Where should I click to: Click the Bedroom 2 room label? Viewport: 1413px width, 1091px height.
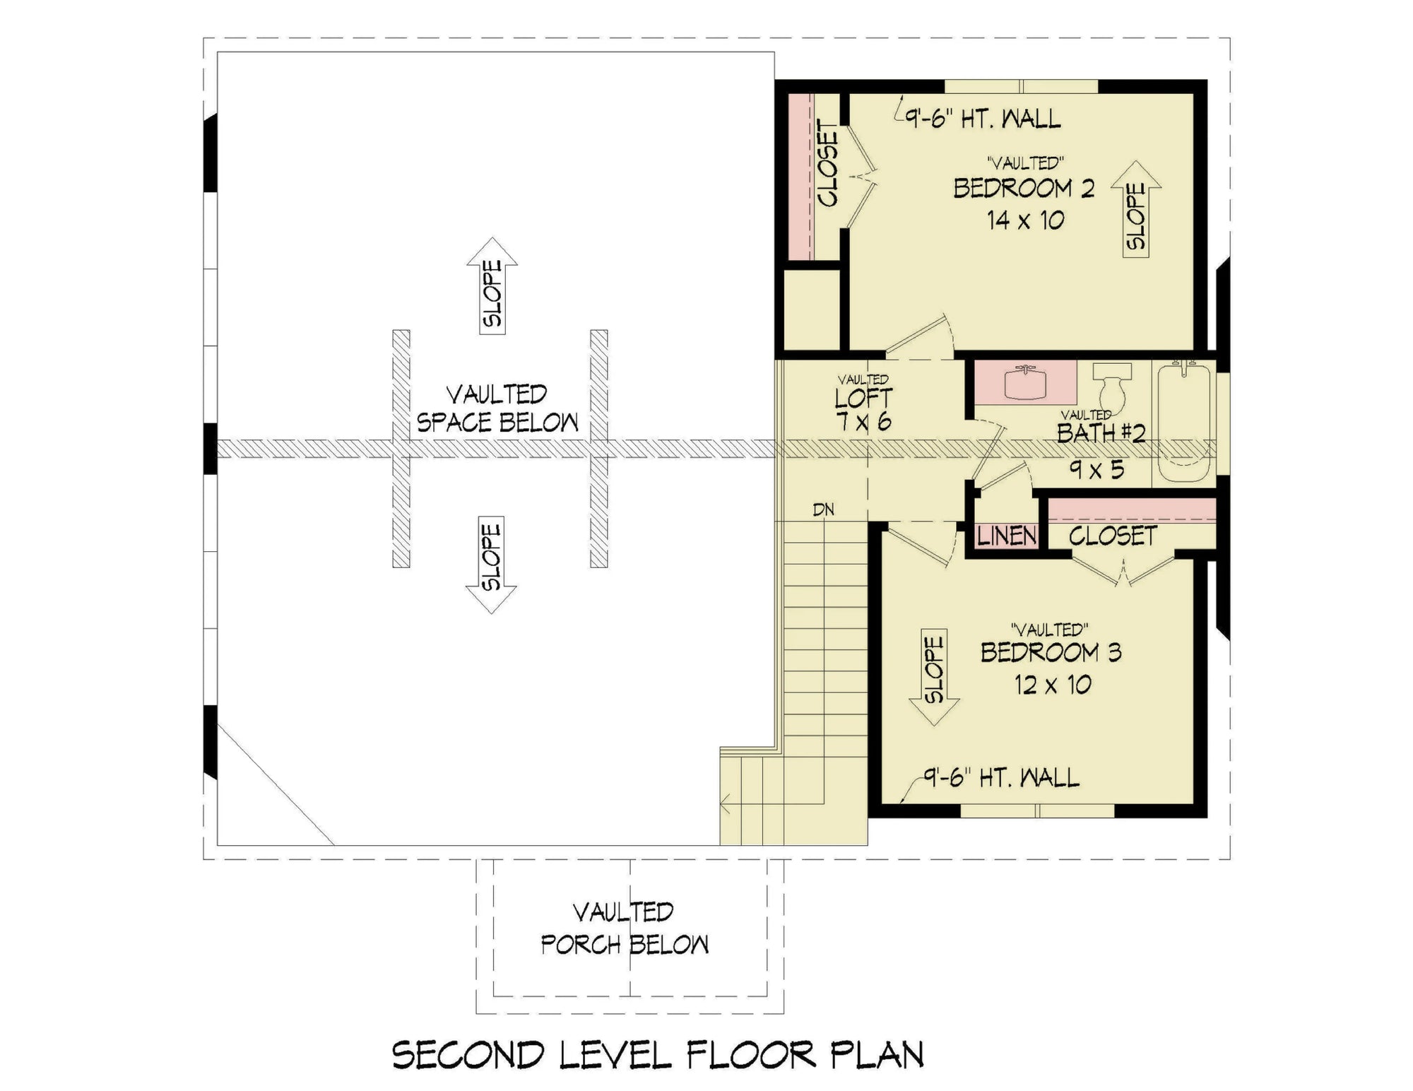tap(1024, 189)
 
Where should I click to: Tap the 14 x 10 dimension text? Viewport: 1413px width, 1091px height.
tap(1025, 220)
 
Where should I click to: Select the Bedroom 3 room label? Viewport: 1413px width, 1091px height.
tap(1051, 652)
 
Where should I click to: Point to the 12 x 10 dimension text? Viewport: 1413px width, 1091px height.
tap(1053, 685)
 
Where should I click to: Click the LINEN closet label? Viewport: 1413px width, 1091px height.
tap(1007, 536)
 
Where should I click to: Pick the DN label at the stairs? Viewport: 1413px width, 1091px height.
tap(824, 509)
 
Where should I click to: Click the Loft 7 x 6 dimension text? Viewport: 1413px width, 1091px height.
tap(863, 422)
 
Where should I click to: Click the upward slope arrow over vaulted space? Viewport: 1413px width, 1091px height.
tap(492, 285)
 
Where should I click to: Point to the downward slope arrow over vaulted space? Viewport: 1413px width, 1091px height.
tap(492, 565)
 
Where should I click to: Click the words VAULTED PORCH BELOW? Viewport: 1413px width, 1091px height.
tap(625, 928)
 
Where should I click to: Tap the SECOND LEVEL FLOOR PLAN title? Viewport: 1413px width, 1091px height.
tap(658, 1055)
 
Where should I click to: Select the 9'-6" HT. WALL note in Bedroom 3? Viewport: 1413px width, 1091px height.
tap(1002, 778)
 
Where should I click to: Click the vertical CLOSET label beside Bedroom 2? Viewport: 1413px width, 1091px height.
tap(827, 163)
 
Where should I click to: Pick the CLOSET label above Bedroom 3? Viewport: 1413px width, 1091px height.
tap(1113, 536)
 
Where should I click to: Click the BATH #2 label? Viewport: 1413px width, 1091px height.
tap(1101, 432)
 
